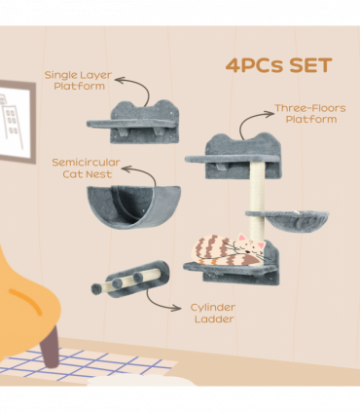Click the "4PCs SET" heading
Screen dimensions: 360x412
tap(278, 65)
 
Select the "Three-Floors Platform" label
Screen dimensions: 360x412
tap(310, 114)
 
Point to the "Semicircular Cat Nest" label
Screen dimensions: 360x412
tap(87, 169)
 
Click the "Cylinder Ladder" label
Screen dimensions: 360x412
tap(213, 314)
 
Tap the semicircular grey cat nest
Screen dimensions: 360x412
tap(134, 206)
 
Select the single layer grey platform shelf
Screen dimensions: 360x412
tap(133, 123)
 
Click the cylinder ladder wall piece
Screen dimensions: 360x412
tap(130, 280)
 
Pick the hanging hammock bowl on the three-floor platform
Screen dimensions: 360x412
tap(287, 220)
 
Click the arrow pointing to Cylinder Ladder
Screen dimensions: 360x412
tap(159, 303)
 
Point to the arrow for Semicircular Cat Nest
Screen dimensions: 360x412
tap(145, 171)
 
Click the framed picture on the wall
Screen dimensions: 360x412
tap(17, 121)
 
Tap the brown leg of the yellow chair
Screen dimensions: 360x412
tap(50, 347)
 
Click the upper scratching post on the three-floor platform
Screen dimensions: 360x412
tap(257, 186)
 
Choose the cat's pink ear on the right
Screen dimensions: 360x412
tap(262, 244)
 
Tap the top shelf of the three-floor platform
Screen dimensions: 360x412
tap(233, 159)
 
